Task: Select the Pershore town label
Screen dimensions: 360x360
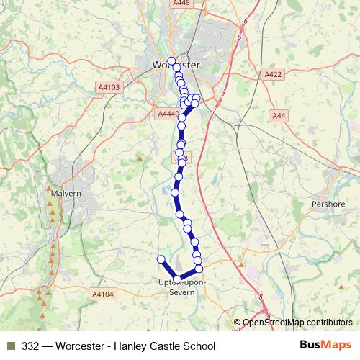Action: (328, 204)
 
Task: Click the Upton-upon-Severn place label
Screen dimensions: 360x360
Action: (181, 287)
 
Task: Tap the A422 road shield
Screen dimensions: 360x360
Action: (273, 74)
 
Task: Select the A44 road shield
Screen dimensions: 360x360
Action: (279, 116)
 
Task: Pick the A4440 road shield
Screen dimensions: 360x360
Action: (167, 113)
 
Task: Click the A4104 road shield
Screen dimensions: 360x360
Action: (103, 294)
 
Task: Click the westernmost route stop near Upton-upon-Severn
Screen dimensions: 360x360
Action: (161, 259)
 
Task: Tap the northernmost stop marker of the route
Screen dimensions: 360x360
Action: (171, 60)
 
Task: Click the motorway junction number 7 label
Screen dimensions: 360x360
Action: (224, 94)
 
